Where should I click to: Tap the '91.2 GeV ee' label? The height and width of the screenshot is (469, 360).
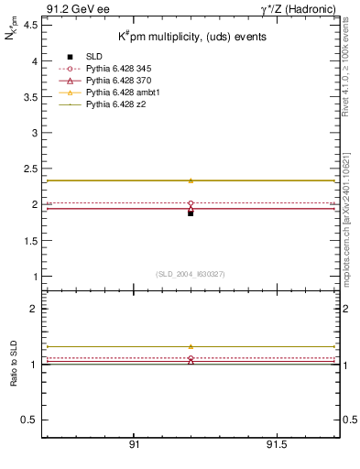(x=72, y=8)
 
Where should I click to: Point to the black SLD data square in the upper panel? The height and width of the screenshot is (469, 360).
(x=191, y=213)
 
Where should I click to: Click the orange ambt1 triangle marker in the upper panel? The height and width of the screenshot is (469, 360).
(x=191, y=180)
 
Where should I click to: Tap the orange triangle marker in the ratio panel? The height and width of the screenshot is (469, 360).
(x=191, y=347)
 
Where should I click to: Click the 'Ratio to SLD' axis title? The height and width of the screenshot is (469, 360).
(x=14, y=364)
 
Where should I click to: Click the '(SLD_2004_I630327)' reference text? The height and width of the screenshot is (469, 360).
(x=191, y=274)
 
